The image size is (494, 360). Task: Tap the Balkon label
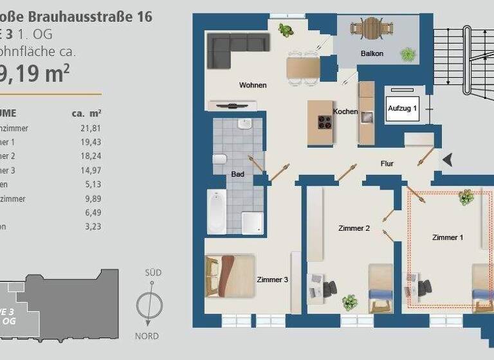click(x=372, y=53)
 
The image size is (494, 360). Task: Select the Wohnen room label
click(x=253, y=85)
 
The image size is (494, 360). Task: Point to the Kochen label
click(x=345, y=111)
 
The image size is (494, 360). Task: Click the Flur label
click(x=387, y=163)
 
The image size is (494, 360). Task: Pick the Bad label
click(x=237, y=174)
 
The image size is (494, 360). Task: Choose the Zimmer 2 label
click(x=354, y=228)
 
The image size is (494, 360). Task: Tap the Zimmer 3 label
click(x=273, y=280)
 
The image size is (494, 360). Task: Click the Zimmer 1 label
click(x=447, y=237)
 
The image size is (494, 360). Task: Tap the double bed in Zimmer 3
click(x=230, y=276)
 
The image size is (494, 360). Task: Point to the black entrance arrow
click(x=448, y=159)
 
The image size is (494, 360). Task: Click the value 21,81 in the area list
click(x=91, y=128)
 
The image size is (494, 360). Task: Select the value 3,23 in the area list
click(x=93, y=226)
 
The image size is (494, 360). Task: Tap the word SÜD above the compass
click(x=152, y=273)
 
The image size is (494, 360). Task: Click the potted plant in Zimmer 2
click(x=350, y=301)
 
